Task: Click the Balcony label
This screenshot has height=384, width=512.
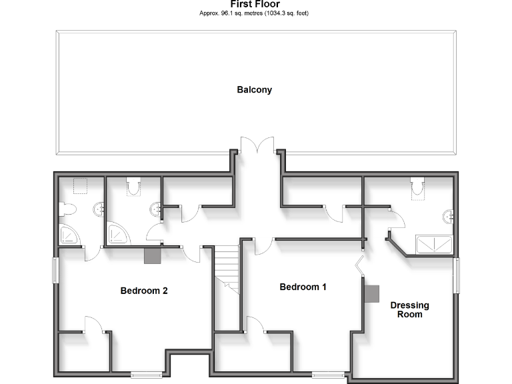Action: [255, 90]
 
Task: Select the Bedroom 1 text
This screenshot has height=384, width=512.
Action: [303, 287]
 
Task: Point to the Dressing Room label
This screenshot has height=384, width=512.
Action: [409, 310]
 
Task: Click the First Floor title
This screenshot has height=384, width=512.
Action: [255, 4]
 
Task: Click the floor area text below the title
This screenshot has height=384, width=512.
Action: [255, 13]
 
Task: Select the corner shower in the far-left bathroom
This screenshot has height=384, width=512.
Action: [69, 233]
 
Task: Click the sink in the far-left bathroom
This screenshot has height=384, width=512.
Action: [101, 209]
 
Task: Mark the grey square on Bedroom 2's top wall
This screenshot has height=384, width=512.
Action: [153, 255]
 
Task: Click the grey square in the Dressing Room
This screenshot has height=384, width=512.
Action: [371, 293]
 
